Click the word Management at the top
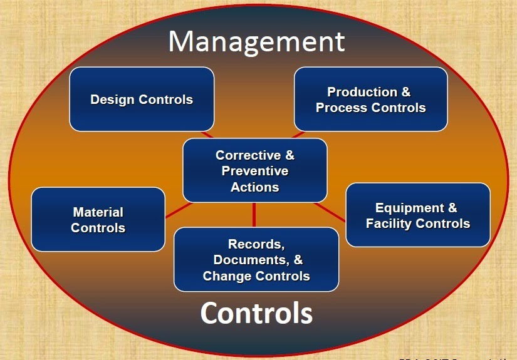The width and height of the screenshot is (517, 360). tap(256, 41)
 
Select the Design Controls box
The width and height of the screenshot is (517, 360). tap(142, 99)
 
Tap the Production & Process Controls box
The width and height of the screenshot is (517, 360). tap(370, 99)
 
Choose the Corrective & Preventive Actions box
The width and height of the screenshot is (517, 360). tap(254, 170)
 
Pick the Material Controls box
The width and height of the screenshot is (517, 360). tap(98, 219)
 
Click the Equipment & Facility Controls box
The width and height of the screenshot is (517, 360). tap(417, 215)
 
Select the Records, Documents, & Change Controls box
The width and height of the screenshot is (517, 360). tap(256, 259)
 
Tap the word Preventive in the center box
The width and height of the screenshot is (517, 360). tap(255, 171)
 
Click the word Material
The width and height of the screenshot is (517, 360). tap(98, 212)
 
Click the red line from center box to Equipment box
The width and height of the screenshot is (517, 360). tap(331, 212)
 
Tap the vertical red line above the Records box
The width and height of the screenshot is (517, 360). tap(254, 214)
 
